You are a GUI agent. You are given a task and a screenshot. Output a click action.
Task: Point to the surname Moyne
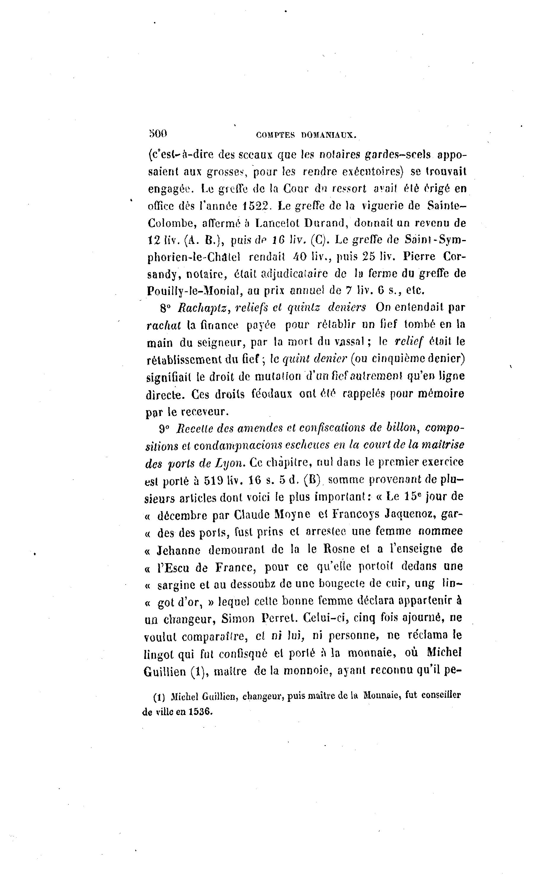pyautogui.click(x=292, y=515)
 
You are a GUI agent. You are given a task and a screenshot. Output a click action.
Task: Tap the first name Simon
pyautogui.click(x=238, y=619)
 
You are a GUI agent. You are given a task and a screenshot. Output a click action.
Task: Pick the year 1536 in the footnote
pyautogui.click(x=200, y=712)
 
